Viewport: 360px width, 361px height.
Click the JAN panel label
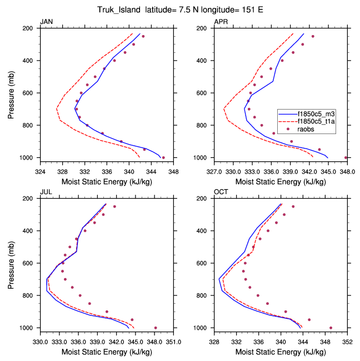coord(46,22)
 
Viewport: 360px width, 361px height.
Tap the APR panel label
coord(221,22)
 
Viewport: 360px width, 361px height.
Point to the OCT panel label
coord(221,192)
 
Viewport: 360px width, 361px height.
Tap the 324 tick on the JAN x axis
coord(40,165)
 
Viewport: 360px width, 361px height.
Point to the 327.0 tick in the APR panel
coord(214,165)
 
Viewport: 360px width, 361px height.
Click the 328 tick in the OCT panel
coord(214,335)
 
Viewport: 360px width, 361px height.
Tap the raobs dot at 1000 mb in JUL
coord(156,328)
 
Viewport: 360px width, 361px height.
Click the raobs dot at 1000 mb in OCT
coord(331,328)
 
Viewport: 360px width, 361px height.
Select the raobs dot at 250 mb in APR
coord(313,36)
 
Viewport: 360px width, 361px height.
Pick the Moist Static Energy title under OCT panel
coord(281,345)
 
